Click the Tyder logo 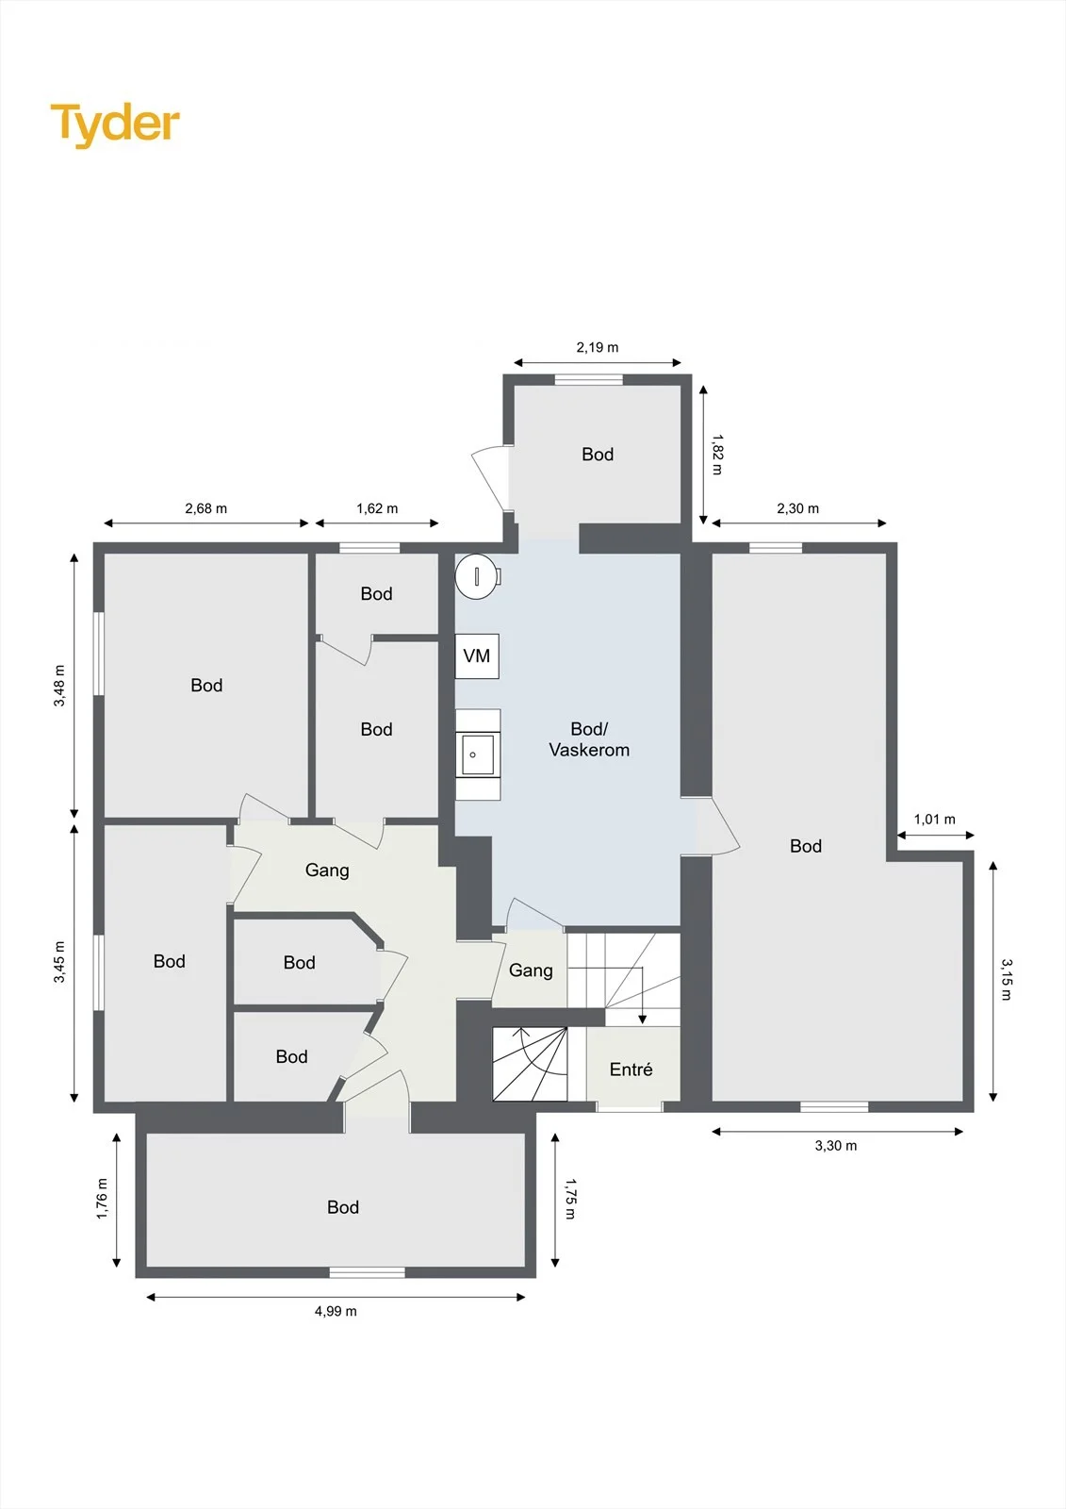(x=115, y=125)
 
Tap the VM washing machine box (x=477, y=655)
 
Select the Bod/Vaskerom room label (x=589, y=739)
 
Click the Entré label (x=631, y=1070)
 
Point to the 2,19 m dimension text (x=598, y=348)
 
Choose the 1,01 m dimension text (x=935, y=820)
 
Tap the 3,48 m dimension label (x=59, y=685)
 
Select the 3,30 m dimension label (x=836, y=1145)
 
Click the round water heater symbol (x=478, y=575)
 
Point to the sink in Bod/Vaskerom (x=478, y=754)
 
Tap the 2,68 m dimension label (x=206, y=508)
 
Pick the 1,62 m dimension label (x=377, y=508)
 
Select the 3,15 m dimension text (x=1006, y=980)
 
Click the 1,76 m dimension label (x=102, y=1199)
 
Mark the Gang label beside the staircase (x=531, y=970)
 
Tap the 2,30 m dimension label (x=798, y=508)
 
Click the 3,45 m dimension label (x=59, y=962)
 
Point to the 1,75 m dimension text (x=570, y=1199)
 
